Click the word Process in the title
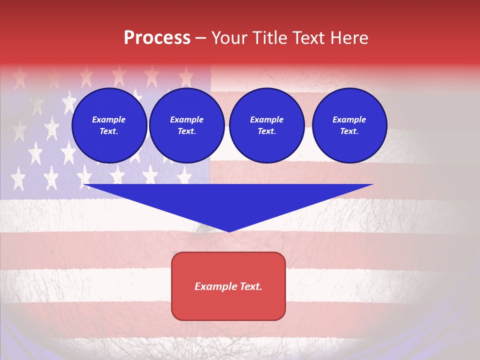pyautogui.click(x=157, y=38)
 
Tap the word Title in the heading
pyautogui.click(x=269, y=38)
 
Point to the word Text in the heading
pyautogui.click(x=308, y=38)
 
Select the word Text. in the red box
pyautogui.click(x=250, y=286)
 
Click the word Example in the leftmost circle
pyautogui.click(x=109, y=119)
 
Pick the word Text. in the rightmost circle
pyautogui.click(x=349, y=131)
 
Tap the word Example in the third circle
pyautogui.click(x=266, y=119)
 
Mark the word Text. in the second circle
pyautogui.click(x=186, y=131)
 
